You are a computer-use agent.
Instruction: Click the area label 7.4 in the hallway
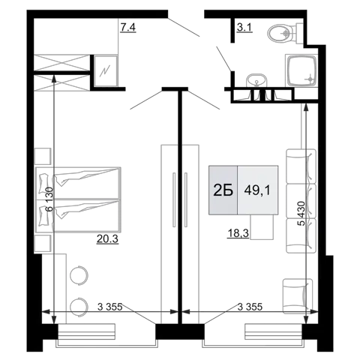pos(127,28)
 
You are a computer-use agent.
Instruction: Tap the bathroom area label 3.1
pos(244,28)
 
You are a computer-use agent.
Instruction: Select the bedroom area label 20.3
pos(107,239)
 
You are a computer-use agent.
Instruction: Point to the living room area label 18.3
pos(238,234)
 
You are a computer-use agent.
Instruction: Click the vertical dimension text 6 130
pos(49,199)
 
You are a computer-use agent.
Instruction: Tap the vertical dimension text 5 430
pos(302,213)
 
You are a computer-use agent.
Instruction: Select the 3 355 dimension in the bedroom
pos(110,307)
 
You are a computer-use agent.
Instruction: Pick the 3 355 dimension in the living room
pos(250,307)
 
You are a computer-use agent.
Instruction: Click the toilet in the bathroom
pos(285,33)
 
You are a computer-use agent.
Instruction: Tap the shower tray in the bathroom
pos(301,71)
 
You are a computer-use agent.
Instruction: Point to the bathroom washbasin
pos(257,80)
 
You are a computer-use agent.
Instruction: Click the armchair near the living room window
pos(298,296)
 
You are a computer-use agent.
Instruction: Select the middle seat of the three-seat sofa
pos(301,202)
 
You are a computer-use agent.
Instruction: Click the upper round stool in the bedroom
pos(79,275)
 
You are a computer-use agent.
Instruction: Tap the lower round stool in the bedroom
pos(79,307)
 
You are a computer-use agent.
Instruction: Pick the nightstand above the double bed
pos(43,156)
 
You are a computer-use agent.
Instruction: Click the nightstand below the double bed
pos(43,244)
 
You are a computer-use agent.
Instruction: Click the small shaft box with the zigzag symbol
pos(105,71)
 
